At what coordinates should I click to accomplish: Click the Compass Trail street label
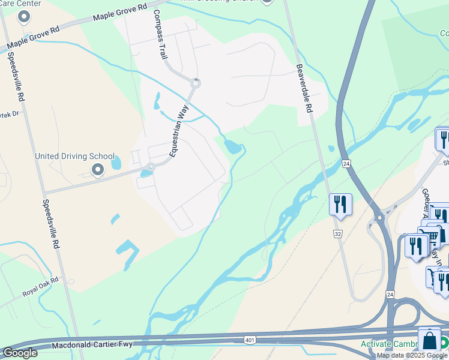point(160,34)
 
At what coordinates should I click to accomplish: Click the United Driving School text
point(74,157)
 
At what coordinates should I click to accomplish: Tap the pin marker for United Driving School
point(98,170)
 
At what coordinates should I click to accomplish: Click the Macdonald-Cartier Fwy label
point(92,345)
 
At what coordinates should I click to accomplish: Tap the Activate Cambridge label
point(396,344)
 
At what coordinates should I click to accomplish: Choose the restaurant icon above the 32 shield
point(340,204)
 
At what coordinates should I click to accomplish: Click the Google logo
point(20,353)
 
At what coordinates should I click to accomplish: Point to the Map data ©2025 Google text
point(412,355)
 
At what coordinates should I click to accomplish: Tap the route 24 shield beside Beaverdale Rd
point(346,163)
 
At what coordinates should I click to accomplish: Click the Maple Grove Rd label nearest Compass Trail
point(120,13)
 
